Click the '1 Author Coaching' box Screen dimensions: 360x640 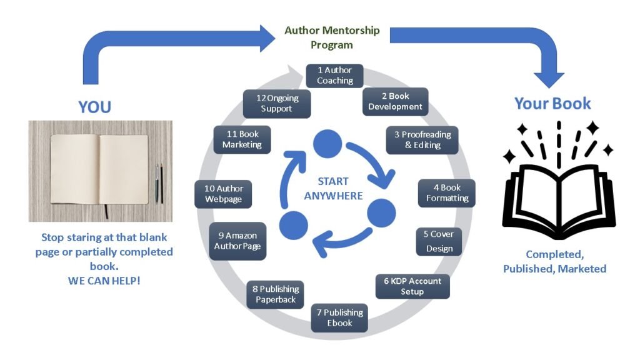[x=334, y=76]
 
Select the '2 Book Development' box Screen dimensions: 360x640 [x=395, y=101]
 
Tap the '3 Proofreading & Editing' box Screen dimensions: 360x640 [x=422, y=140]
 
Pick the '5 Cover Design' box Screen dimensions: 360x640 [x=439, y=241]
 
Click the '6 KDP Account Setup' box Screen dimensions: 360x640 [x=412, y=286]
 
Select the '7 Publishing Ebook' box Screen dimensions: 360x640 [x=339, y=317]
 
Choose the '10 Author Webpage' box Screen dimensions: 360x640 [x=223, y=194]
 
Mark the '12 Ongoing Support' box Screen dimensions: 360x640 [x=277, y=103]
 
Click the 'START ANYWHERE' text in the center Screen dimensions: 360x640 [x=333, y=189]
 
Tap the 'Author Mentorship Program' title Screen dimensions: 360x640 [x=332, y=37]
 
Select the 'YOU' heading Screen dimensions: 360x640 [x=95, y=107]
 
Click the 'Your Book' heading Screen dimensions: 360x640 [x=552, y=103]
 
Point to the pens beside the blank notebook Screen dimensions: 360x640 [x=159, y=183]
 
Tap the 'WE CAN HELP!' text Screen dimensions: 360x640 [x=104, y=281]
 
